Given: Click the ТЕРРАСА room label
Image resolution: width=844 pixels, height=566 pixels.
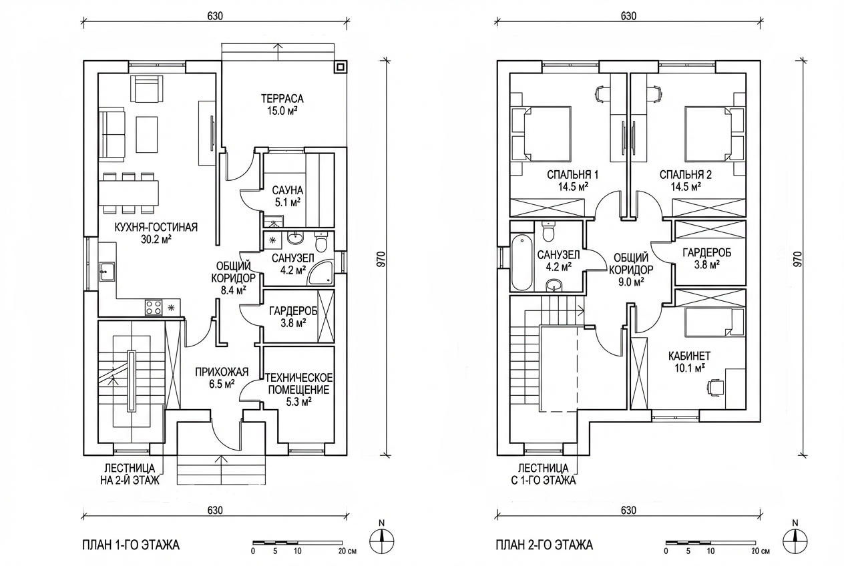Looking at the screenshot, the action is click(x=282, y=99).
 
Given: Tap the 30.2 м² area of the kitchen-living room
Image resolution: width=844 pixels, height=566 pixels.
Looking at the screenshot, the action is click(x=156, y=240).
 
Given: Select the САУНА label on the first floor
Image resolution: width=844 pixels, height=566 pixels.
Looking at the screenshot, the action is click(x=288, y=190).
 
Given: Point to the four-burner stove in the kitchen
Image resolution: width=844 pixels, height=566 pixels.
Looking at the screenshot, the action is click(x=154, y=307).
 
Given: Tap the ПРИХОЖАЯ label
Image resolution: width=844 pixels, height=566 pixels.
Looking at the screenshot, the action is click(x=222, y=372).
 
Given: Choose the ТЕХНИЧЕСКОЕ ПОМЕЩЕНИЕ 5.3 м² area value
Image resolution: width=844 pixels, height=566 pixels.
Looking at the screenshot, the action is click(x=298, y=402).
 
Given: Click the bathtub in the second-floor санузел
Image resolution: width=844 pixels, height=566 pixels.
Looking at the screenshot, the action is click(x=522, y=262).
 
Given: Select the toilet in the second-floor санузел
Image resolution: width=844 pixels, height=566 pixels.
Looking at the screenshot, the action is click(x=548, y=231).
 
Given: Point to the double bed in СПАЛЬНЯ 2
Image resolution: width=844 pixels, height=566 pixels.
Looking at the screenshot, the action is click(x=708, y=134).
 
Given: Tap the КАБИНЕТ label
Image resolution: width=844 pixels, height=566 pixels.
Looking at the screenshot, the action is click(x=690, y=356).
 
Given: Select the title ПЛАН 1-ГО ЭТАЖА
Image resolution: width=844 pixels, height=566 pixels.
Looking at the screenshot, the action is click(x=131, y=545).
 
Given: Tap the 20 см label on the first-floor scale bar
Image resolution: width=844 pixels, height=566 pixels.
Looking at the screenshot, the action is click(x=347, y=551).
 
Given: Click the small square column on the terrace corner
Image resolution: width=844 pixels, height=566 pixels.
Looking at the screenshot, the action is click(x=341, y=67).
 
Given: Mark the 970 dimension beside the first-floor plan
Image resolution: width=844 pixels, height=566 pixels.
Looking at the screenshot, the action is click(x=381, y=259).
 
